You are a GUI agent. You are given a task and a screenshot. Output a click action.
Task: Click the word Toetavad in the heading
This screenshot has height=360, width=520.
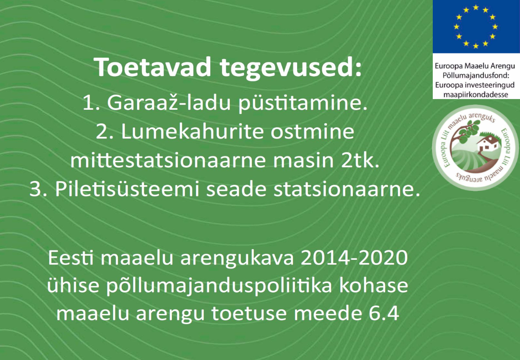pyautogui.click(x=152, y=67)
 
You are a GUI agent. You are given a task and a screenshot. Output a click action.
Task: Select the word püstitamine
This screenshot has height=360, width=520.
pyautogui.click(x=303, y=104)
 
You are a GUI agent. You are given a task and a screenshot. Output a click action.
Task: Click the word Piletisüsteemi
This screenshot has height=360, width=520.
pyautogui.click(x=127, y=189)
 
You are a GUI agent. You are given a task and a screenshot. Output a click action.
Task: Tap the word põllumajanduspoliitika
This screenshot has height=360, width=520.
pyautogui.click(x=219, y=286)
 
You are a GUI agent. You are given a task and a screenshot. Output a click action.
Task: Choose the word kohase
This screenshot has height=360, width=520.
pyautogui.click(x=373, y=285)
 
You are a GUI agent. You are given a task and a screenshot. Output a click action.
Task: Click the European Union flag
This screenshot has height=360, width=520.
pyautogui.click(x=476, y=26)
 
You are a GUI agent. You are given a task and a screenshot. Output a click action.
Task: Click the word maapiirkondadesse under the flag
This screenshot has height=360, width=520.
pyautogui.click(x=476, y=95)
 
